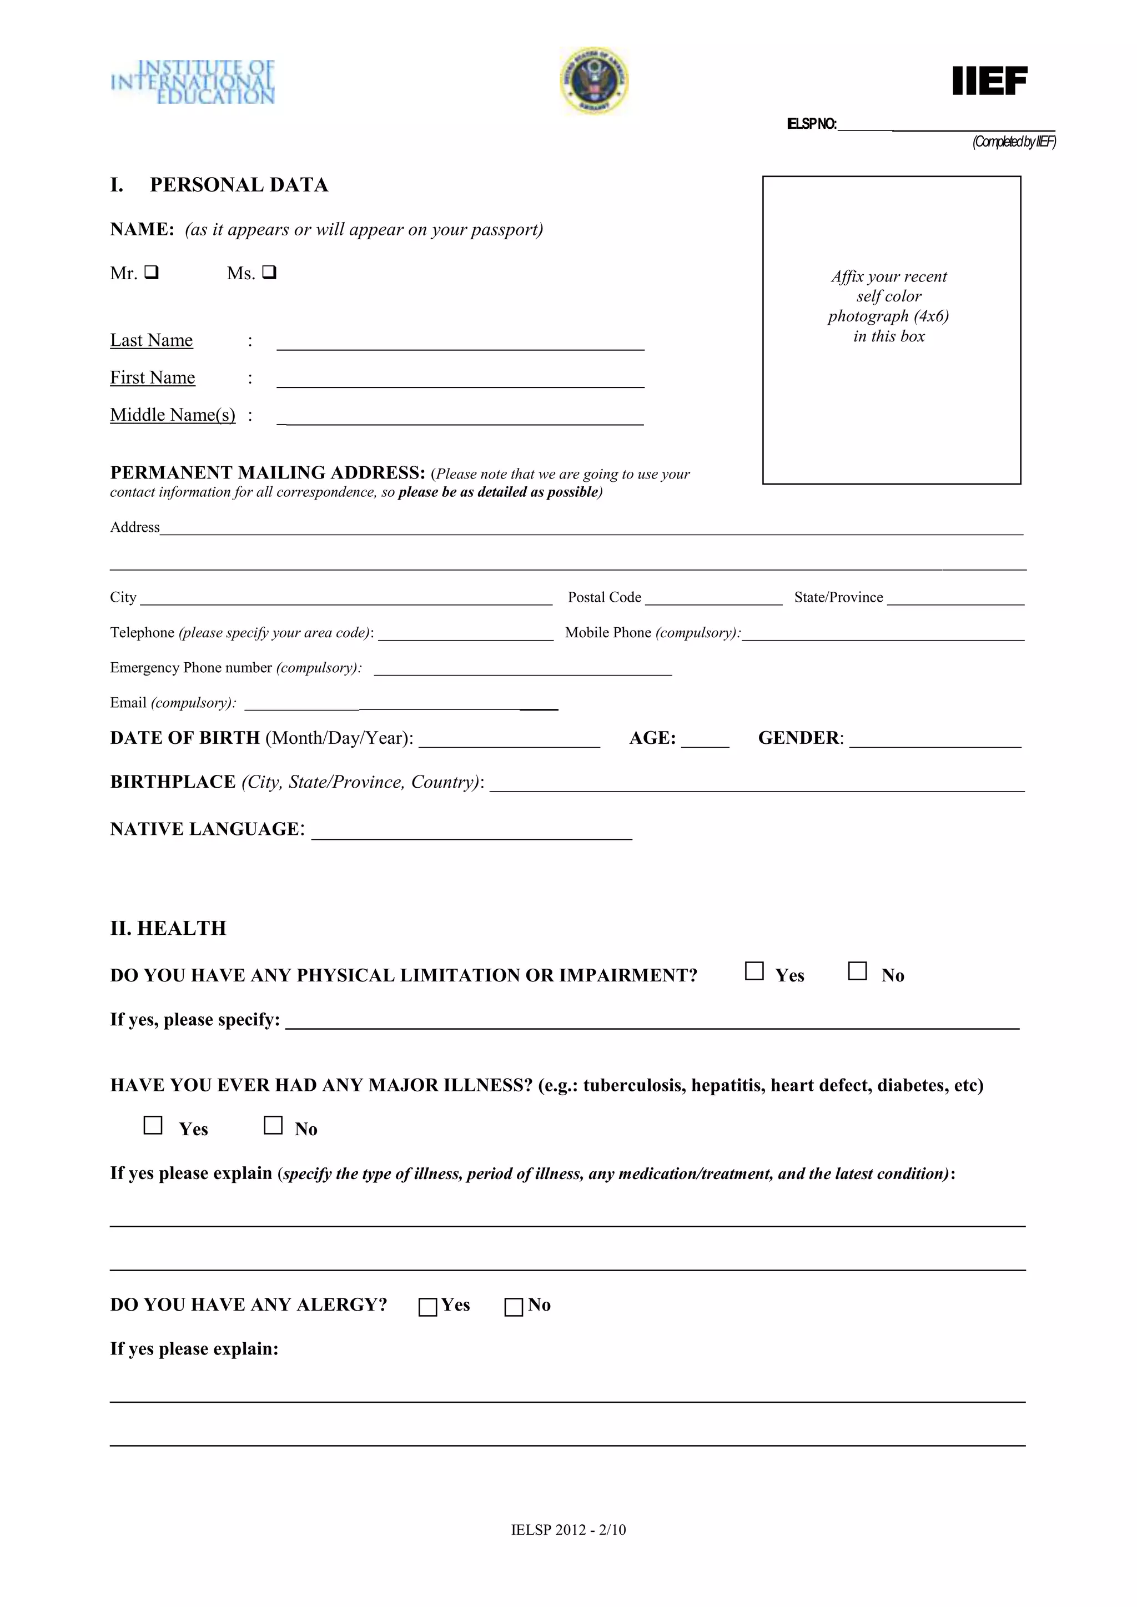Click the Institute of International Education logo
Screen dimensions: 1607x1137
(193, 82)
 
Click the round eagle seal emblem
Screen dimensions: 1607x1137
(593, 80)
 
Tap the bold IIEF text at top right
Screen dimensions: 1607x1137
(989, 81)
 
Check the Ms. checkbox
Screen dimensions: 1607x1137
(270, 272)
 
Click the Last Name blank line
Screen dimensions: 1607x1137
(460, 343)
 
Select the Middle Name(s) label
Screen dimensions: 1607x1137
(172, 415)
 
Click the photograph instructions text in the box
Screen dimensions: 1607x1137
(888, 306)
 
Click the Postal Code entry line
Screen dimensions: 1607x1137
(713, 598)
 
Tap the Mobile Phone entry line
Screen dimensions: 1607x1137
(882, 634)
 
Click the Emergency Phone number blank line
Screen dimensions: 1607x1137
(522, 669)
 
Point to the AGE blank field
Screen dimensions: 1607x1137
(705, 740)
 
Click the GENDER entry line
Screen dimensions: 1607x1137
(935, 740)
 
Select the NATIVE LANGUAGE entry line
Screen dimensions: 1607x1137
(471, 832)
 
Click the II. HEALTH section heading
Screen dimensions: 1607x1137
(168, 928)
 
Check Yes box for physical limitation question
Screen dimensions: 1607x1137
(754, 971)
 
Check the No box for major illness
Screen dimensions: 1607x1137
(273, 1125)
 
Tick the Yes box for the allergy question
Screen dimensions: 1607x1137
(427, 1307)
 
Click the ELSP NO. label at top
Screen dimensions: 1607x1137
(812, 124)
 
